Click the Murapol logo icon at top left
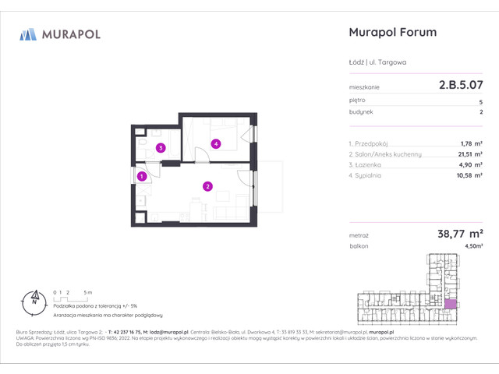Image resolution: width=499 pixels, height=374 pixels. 28,34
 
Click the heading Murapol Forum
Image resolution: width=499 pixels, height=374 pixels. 390,33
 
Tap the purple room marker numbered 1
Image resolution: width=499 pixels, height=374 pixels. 141,177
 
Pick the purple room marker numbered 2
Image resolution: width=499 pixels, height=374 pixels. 207,185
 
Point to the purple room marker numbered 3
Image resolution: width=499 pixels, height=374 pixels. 160,147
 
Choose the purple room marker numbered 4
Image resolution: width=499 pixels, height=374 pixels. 215,143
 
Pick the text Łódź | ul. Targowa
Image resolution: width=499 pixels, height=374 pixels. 376,61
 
